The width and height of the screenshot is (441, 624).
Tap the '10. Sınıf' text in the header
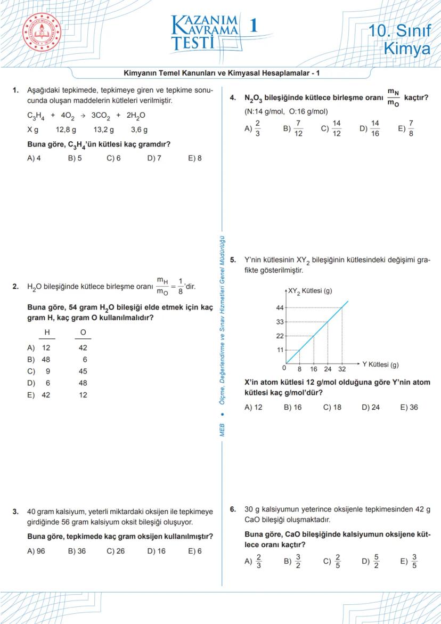pos(399,31)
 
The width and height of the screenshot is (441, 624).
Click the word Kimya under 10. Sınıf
pos(407,49)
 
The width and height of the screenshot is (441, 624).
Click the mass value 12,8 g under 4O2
pos(66,129)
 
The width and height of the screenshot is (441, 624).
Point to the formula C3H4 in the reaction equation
pos(36,115)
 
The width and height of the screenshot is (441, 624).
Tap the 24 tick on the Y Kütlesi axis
pos(328,369)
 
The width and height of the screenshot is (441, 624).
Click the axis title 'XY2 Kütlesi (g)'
pos(309,291)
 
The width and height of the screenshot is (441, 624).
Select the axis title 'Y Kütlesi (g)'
pos(380,364)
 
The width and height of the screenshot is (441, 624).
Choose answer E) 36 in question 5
pos(409,407)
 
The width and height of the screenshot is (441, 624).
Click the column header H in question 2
pos(47,332)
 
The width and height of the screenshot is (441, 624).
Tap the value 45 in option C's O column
pos(83,371)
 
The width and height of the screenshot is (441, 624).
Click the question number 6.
pos(233,509)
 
